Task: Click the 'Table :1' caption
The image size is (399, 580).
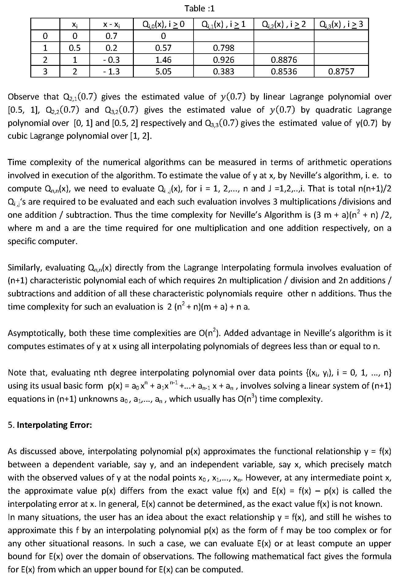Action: point(199,8)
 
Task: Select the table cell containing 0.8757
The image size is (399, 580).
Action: point(341,71)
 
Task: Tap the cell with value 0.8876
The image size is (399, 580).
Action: point(284,60)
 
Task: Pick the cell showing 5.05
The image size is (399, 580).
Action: point(163,71)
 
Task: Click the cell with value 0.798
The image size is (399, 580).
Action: point(224,48)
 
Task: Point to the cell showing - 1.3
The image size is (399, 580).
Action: point(111,71)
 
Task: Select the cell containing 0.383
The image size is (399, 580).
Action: point(224,71)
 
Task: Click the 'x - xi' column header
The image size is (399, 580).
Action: point(111,24)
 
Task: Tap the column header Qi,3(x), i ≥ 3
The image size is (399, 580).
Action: point(341,24)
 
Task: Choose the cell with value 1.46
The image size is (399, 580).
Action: point(163,60)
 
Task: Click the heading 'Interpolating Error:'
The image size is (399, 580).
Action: point(54,425)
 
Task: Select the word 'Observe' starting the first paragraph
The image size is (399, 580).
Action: point(23,97)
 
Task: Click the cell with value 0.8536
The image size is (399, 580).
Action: point(284,71)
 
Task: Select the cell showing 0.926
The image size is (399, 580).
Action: point(224,60)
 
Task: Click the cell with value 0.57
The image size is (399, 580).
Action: point(163,48)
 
